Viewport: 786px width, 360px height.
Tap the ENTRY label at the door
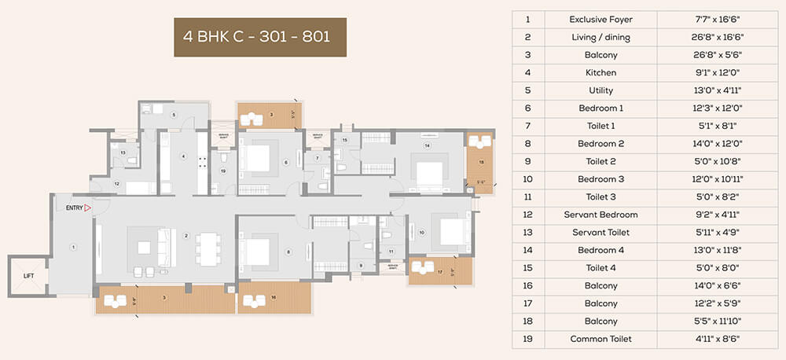tap(75, 208)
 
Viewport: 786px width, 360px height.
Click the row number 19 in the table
tap(528, 339)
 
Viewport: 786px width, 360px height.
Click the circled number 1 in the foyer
tap(73, 247)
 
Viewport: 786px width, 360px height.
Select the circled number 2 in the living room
tap(185, 235)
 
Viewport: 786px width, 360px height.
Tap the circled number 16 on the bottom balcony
tap(272, 297)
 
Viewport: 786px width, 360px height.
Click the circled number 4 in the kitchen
tap(184, 156)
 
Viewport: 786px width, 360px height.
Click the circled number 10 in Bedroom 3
tap(421, 232)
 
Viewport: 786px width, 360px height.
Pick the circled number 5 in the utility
tap(174, 115)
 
